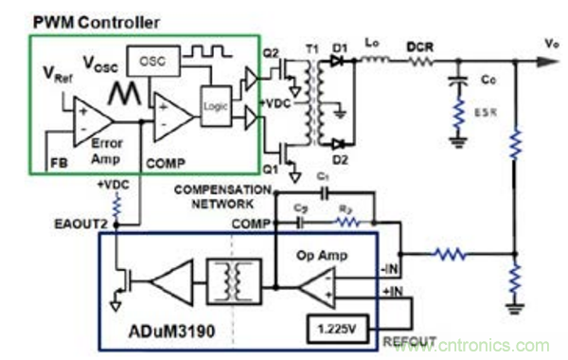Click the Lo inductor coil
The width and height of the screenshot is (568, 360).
tap(373, 61)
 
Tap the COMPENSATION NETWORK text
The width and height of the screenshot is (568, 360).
tap(222, 196)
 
